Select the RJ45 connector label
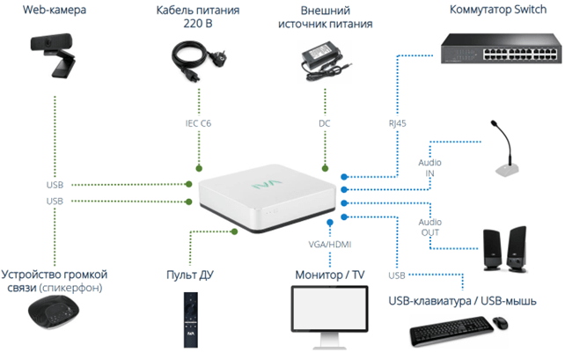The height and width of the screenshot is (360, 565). click(x=399, y=123)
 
